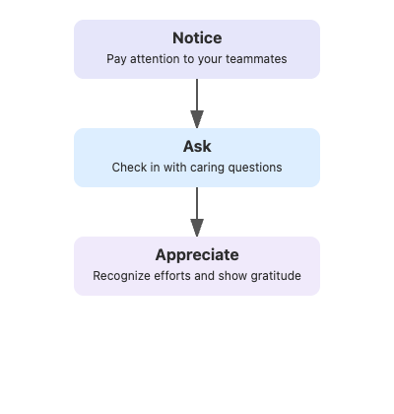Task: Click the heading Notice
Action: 197,38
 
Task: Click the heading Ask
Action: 197,147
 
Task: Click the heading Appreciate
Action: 197,255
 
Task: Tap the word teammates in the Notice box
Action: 255,59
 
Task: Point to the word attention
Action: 156,59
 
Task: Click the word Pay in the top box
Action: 116,59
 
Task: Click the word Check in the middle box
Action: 129,168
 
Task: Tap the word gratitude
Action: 274,276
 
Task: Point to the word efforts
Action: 178,276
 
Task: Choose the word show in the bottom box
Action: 231,276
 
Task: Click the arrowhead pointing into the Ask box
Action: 197,121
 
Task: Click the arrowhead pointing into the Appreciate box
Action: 197,230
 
